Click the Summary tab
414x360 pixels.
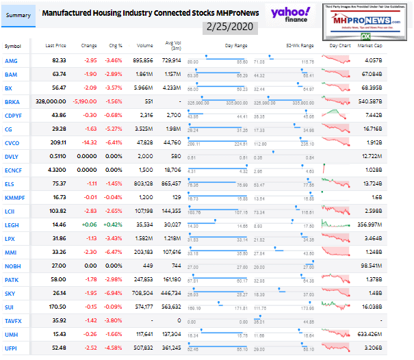tap(18, 14)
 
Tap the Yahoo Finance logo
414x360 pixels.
tap(289, 14)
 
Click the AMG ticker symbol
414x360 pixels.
tap(12, 61)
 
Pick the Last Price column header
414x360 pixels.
tap(55, 46)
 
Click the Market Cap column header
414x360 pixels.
tap(389, 46)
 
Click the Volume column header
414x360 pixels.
tap(144, 46)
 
